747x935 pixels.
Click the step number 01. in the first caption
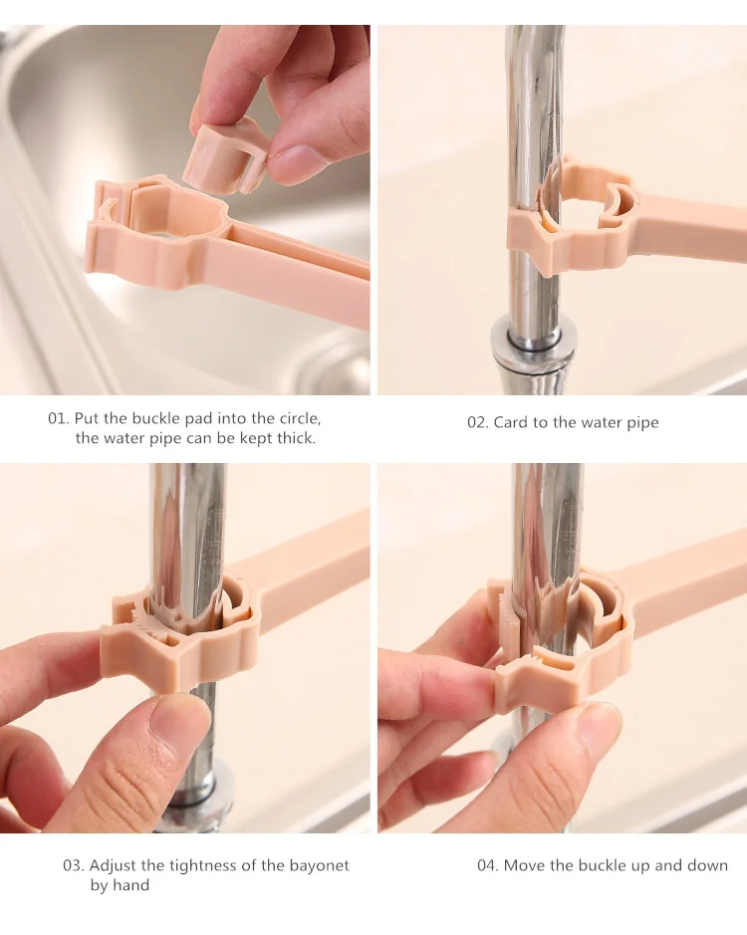coord(59,418)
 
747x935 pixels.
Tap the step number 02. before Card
coord(478,423)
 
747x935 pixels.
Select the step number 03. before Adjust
coord(74,865)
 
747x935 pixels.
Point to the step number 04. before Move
coord(488,865)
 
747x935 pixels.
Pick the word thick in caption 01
coord(297,438)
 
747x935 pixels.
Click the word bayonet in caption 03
coord(319,865)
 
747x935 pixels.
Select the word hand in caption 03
coord(131,885)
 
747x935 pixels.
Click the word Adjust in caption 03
coord(114,866)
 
